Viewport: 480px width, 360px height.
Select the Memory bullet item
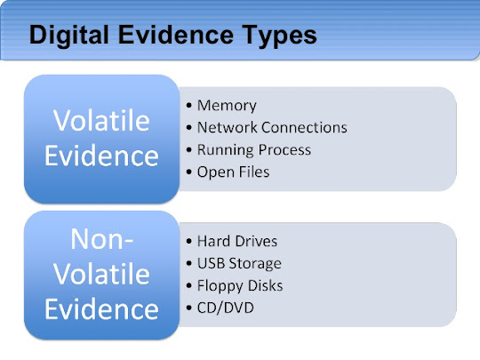227,106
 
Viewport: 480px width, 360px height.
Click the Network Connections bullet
271,127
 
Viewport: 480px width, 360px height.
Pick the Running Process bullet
254,149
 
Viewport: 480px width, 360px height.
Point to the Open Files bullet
233,172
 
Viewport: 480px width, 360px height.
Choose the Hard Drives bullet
236,241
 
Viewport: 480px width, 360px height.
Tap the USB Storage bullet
238,263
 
